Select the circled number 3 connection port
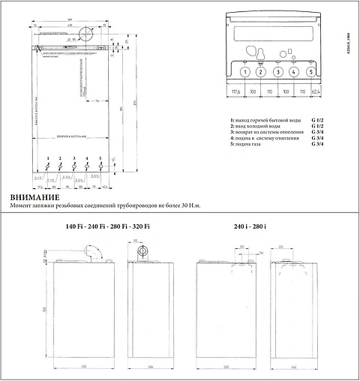point(277,72)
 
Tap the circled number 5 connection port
point(310,72)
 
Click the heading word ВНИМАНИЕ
point(33,196)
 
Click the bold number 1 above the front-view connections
point(48,160)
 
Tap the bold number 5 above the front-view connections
point(100,160)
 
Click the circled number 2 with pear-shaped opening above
point(260,72)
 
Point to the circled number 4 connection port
point(294,72)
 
